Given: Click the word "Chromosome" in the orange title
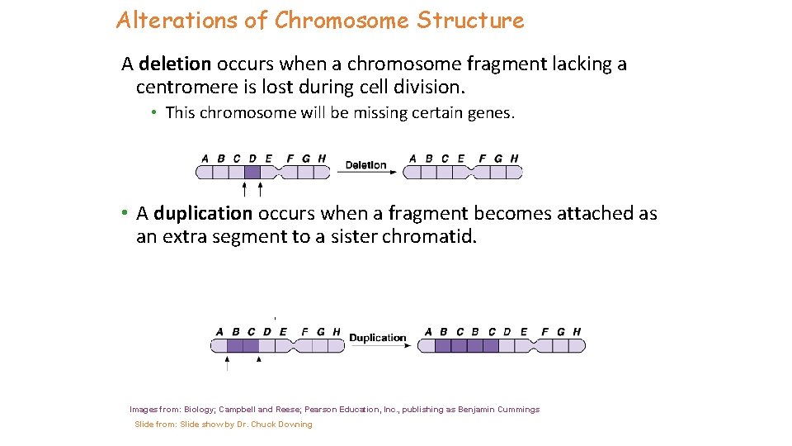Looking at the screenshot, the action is (342, 21).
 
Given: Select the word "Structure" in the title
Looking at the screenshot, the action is (470, 21).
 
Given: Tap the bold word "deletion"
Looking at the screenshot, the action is (176, 64).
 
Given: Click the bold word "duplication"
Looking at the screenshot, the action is (203, 214).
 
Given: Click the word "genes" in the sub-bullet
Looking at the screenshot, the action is (490, 113).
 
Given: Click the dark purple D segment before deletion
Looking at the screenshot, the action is (252, 172).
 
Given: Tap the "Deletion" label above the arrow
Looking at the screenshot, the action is (365, 165).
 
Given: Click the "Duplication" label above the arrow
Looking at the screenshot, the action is (378, 338).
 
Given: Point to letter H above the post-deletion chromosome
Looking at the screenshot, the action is (515, 159).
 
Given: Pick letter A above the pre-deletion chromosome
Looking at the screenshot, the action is (205, 159).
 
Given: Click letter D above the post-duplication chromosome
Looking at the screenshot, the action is (507, 332).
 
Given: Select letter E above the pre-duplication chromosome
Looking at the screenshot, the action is (283, 332).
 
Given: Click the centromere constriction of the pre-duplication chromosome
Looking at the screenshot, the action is (293, 345).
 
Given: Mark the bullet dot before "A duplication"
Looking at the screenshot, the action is (122, 214).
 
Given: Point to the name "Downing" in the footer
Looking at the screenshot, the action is (295, 425).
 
